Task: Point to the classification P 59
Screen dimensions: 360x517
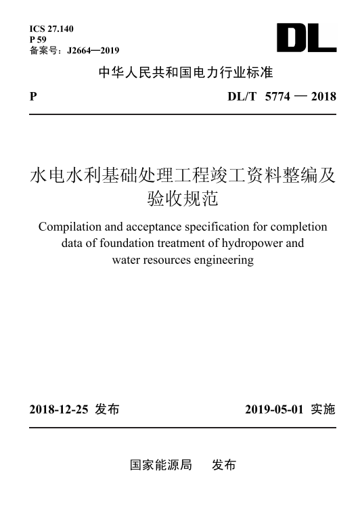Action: [x=39, y=39]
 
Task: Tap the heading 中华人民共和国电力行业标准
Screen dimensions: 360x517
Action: [x=186, y=72]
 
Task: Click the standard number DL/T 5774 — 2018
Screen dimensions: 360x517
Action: [x=282, y=97]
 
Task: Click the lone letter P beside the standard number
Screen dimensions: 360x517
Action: [x=33, y=97]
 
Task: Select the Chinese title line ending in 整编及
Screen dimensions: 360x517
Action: [x=183, y=177]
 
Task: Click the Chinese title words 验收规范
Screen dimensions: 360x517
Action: [x=183, y=200]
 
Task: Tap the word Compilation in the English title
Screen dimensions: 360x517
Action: [x=72, y=227]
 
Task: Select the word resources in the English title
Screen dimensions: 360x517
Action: [x=169, y=259]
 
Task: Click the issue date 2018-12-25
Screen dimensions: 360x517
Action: [x=60, y=409]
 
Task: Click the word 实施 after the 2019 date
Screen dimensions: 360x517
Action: [x=323, y=409]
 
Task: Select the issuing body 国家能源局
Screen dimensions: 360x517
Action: [x=161, y=466]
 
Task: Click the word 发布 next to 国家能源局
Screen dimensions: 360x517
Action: [x=224, y=466]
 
